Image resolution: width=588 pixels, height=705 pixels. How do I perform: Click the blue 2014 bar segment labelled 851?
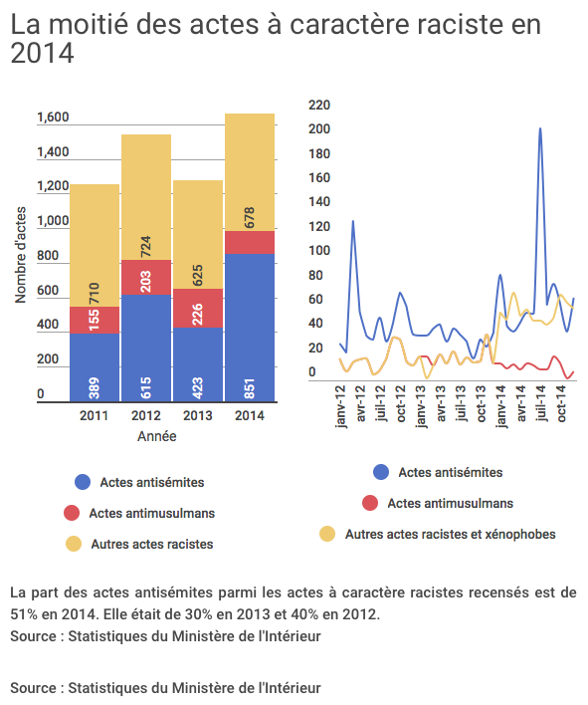pyautogui.click(x=250, y=328)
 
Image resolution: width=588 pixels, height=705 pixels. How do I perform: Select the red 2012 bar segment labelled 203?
pyautogui.click(x=146, y=277)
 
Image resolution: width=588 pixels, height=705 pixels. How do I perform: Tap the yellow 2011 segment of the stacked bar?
pyautogui.click(x=95, y=246)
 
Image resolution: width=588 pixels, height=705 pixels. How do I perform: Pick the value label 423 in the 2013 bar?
pyautogui.click(x=198, y=388)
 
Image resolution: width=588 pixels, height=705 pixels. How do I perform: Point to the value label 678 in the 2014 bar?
pyautogui.click(x=250, y=218)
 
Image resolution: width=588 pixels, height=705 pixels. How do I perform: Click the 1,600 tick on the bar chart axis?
pyautogui.click(x=53, y=117)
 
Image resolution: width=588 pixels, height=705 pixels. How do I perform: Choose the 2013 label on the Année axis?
pyautogui.click(x=198, y=415)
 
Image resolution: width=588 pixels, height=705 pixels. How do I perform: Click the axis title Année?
pyautogui.click(x=157, y=436)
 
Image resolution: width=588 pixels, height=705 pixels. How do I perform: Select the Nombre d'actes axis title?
pyautogui.click(x=21, y=255)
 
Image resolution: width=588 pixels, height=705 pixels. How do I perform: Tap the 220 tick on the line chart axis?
pyautogui.click(x=319, y=105)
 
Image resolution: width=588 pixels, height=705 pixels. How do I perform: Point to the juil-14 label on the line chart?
pyautogui.click(x=541, y=403)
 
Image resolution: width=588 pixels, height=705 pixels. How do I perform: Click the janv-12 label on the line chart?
pyautogui.click(x=341, y=406)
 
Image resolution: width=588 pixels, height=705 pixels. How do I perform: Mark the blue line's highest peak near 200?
pyautogui.click(x=540, y=128)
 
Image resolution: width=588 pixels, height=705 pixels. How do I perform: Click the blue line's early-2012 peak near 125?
pyautogui.click(x=353, y=221)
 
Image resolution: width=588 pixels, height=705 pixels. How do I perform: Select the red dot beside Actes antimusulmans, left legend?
pyautogui.click(x=72, y=513)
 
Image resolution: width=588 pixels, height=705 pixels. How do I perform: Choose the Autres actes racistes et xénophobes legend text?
pyautogui.click(x=451, y=534)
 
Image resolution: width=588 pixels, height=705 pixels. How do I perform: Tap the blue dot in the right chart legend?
pyautogui.click(x=381, y=472)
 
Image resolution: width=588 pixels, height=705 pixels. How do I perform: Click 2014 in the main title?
pyautogui.click(x=42, y=53)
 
